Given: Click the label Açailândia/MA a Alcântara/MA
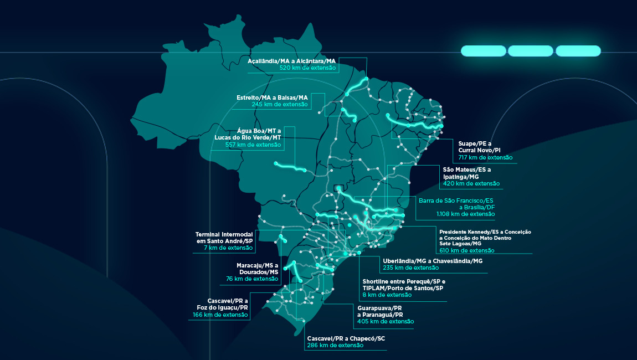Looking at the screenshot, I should (292, 60).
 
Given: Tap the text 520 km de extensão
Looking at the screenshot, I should (307, 68).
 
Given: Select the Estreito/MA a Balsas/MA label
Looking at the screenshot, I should (272, 97).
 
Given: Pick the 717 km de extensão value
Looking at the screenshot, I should (485, 158).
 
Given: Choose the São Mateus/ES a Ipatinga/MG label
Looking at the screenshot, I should (466, 173).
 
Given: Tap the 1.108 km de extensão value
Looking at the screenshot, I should (465, 214).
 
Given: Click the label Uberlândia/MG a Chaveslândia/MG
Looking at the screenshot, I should (432, 260).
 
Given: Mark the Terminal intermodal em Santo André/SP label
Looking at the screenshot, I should (224, 238).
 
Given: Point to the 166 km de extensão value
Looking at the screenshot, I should (220, 315).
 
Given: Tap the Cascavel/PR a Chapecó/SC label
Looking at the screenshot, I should (345, 338).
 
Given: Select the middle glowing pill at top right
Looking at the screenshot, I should (530, 51).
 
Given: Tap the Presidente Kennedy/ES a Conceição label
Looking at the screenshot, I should (485, 232).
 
